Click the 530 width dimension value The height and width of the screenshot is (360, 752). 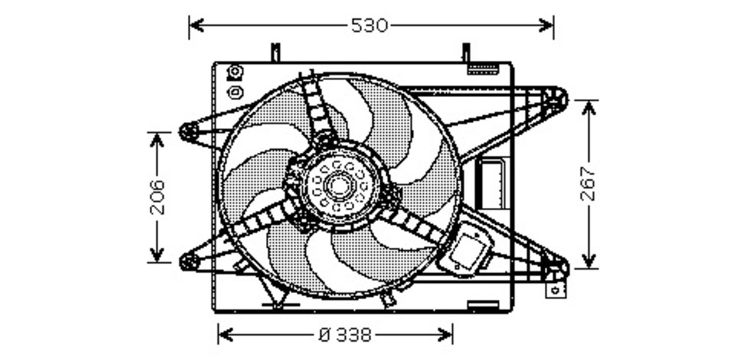(x=369, y=26)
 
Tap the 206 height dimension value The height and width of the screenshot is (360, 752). (x=157, y=197)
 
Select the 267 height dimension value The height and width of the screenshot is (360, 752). (x=588, y=184)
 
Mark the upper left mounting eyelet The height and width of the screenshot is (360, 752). (x=189, y=132)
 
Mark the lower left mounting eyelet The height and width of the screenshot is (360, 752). (x=189, y=260)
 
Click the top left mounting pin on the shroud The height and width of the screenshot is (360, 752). (x=275, y=52)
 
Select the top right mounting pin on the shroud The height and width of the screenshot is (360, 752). (x=466, y=52)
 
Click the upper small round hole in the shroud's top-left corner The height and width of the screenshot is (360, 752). (x=235, y=72)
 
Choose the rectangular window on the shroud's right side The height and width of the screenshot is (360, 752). (x=489, y=183)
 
